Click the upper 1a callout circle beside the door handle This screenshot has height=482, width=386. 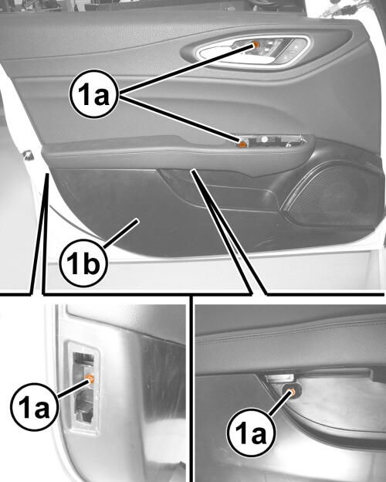(93, 95)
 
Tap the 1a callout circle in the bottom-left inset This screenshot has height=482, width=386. (34, 406)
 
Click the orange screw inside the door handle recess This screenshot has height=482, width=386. (256, 45)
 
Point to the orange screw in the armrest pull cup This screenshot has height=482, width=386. (242, 144)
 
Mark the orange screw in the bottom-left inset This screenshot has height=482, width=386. (90, 378)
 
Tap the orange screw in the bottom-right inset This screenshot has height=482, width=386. (293, 392)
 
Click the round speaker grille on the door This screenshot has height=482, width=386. (330, 194)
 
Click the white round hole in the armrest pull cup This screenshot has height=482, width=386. (264, 139)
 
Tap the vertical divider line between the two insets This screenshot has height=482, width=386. (191, 389)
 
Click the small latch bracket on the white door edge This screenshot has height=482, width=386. (29, 154)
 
